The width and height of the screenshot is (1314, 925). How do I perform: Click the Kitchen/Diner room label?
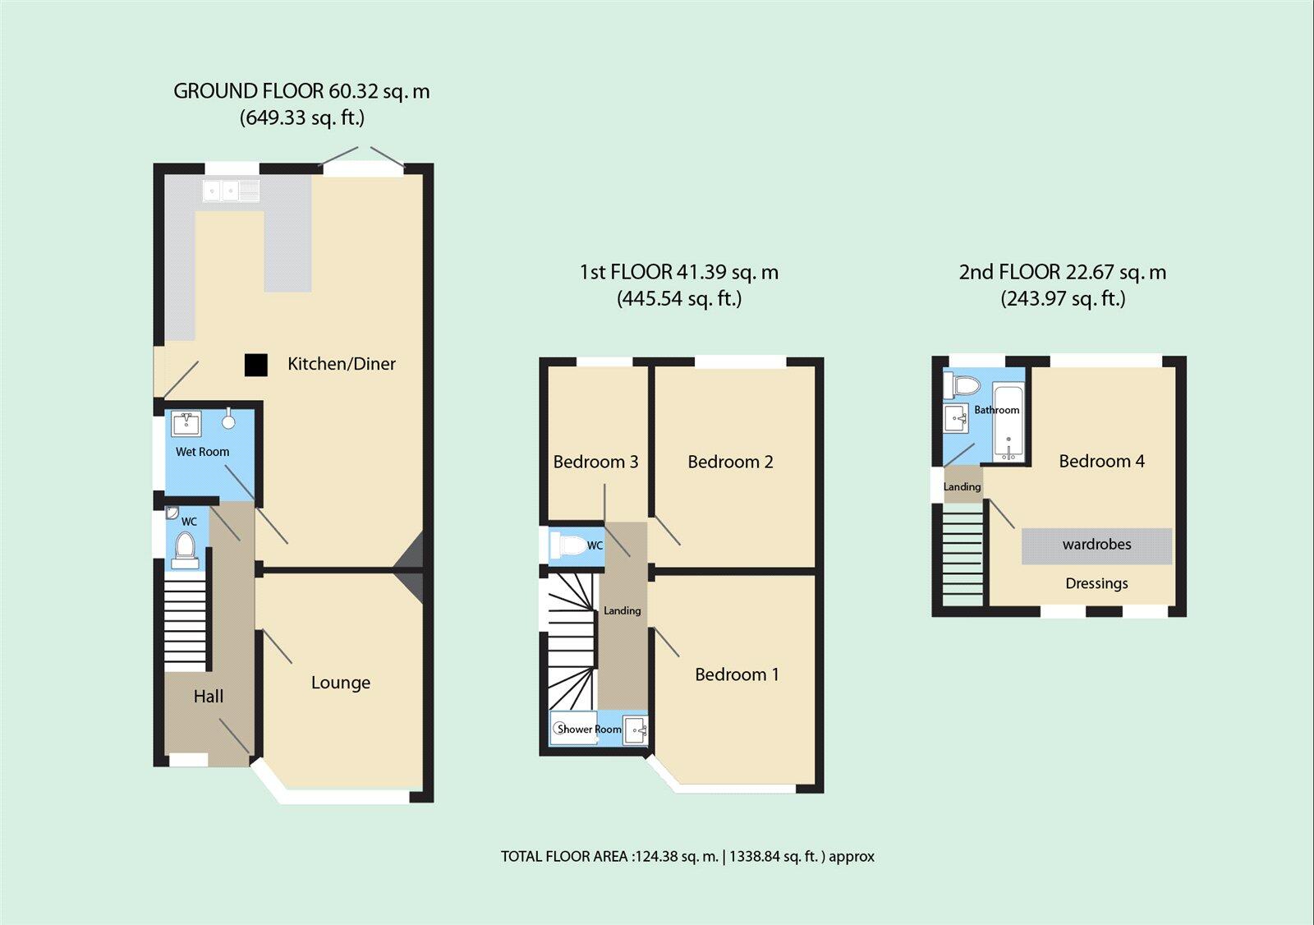point(341,364)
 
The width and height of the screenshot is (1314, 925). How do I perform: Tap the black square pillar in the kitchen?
point(256,365)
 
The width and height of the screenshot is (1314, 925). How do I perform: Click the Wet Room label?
point(202,452)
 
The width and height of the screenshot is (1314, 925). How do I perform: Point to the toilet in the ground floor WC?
point(186,549)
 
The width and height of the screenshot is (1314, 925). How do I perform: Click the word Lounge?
point(340,683)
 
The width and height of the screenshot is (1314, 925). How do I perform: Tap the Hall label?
point(208,697)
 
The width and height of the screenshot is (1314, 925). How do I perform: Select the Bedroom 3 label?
point(595,462)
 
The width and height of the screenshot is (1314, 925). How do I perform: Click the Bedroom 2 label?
point(730,462)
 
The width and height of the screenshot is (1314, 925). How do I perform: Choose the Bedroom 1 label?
point(737,674)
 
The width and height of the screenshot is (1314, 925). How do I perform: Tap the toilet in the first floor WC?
point(571,545)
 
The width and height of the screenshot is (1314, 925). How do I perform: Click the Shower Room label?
point(589,729)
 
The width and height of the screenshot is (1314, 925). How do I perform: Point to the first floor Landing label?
point(622,610)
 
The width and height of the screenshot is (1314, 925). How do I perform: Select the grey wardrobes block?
point(1096,545)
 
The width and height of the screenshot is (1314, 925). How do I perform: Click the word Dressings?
point(1096,583)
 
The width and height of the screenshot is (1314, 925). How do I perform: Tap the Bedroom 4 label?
point(1101,461)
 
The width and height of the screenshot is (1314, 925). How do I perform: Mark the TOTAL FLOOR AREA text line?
point(687,856)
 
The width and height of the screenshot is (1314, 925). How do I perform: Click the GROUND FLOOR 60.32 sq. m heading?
point(301,91)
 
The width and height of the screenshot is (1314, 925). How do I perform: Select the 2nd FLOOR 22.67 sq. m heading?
point(1062,272)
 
